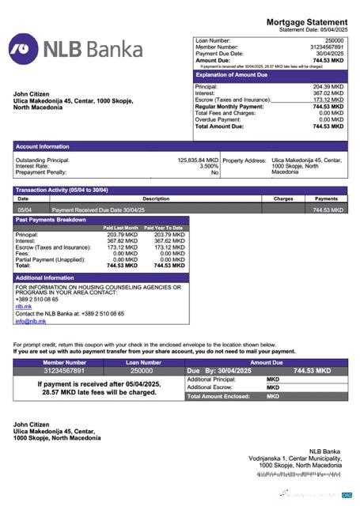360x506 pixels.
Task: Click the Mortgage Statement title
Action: click(x=306, y=21)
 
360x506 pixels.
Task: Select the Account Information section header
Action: click(x=43, y=146)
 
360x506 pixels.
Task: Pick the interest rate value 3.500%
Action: click(x=208, y=166)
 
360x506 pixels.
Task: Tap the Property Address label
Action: click(x=244, y=160)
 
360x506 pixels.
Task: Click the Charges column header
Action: click(x=283, y=199)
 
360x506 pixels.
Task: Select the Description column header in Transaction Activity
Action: click(x=156, y=199)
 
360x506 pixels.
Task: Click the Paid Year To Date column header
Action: click(x=167, y=228)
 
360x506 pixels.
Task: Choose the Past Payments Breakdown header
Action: click(x=51, y=219)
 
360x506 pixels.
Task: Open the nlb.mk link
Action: click(x=24, y=306)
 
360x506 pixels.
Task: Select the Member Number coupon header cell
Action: click(x=63, y=362)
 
